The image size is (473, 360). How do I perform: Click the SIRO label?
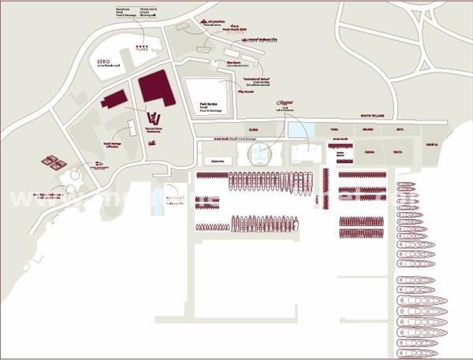click(x=102, y=60)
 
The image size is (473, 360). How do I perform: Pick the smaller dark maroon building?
click(x=114, y=100)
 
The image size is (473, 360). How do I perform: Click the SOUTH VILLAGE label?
click(x=371, y=115)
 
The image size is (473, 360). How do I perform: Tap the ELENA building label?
click(x=253, y=128)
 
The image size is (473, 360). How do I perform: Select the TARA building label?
click(x=334, y=128)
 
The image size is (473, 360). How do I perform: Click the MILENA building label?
click(x=367, y=128)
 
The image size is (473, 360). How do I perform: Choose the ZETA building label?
click(x=400, y=128)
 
